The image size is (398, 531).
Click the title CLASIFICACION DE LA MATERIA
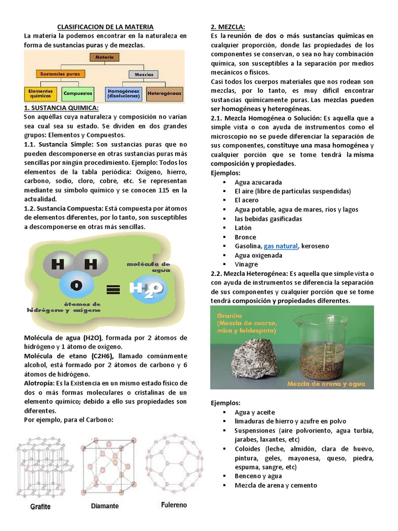[105, 26]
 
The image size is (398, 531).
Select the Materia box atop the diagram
[105, 57]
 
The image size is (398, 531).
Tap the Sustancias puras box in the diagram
[60, 74]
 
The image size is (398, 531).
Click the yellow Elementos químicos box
[40, 94]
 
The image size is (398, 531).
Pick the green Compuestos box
[78, 94]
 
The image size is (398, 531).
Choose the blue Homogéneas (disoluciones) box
[123, 94]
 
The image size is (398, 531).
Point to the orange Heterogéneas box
[164, 94]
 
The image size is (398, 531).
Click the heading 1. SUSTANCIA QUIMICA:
[61, 108]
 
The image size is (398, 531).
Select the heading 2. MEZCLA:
[228, 26]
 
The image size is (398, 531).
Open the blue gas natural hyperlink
[281, 246]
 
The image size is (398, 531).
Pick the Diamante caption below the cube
[105, 506]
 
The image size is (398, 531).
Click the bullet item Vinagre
[246, 264]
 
